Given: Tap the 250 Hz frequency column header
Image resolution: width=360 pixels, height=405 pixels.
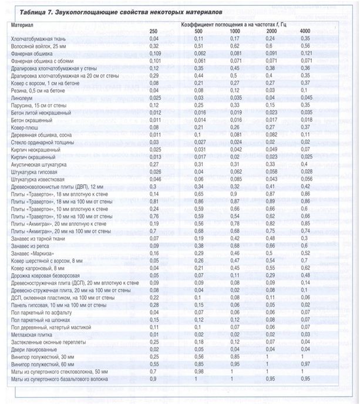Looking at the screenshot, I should pyautogui.click(x=153, y=31).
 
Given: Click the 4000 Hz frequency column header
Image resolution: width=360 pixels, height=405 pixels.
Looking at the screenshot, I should pyautogui.click(x=305, y=31).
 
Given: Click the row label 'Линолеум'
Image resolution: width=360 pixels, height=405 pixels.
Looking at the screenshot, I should pyautogui.click(x=23, y=99).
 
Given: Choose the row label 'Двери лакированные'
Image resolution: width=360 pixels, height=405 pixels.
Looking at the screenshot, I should pyautogui.click(x=33, y=348).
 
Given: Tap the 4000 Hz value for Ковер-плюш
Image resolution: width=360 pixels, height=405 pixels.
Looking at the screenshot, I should pyautogui.click(x=305, y=126).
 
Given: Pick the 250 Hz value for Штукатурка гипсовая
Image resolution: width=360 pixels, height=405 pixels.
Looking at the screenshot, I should pyautogui.click(x=155, y=173).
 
